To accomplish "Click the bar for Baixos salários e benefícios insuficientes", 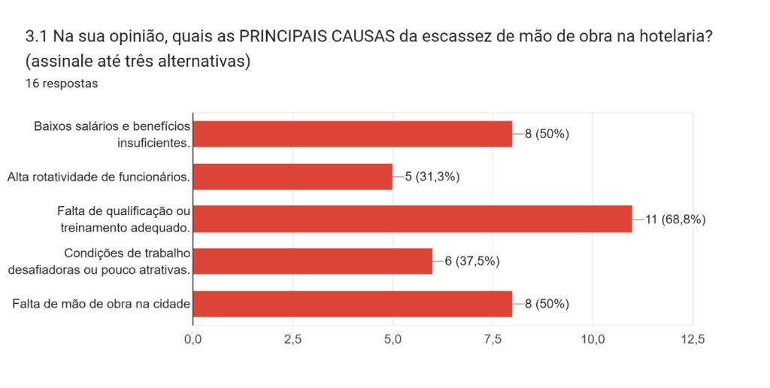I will point(353,134).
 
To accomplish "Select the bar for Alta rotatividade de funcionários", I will point(293,177).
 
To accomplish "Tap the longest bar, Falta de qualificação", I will point(413,219).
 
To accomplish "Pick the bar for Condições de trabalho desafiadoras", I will point(313,261).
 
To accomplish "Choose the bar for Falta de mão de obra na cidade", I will point(353,304).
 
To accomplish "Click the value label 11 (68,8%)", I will point(675,220).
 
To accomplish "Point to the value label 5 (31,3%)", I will point(432,177).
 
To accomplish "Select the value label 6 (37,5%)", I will point(472,262).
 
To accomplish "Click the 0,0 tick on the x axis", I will point(193,340).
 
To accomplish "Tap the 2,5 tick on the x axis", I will point(293,340).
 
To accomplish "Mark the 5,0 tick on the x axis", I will point(393,340).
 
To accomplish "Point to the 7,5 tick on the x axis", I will point(493,340).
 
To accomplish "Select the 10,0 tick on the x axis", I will point(593,340).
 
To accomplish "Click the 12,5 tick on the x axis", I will point(692,340).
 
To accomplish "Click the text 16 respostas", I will point(62,83).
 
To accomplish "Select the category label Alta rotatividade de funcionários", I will point(98,177).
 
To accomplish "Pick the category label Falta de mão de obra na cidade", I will point(100,304).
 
